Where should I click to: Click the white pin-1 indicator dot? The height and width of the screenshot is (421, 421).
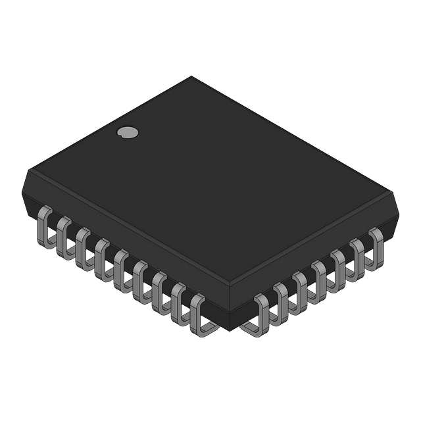[128, 132]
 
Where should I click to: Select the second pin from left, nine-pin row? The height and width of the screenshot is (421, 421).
[63, 237]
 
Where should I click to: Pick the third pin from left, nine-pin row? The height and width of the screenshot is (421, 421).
[82, 248]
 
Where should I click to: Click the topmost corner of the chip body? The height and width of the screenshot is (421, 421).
[191, 78]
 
